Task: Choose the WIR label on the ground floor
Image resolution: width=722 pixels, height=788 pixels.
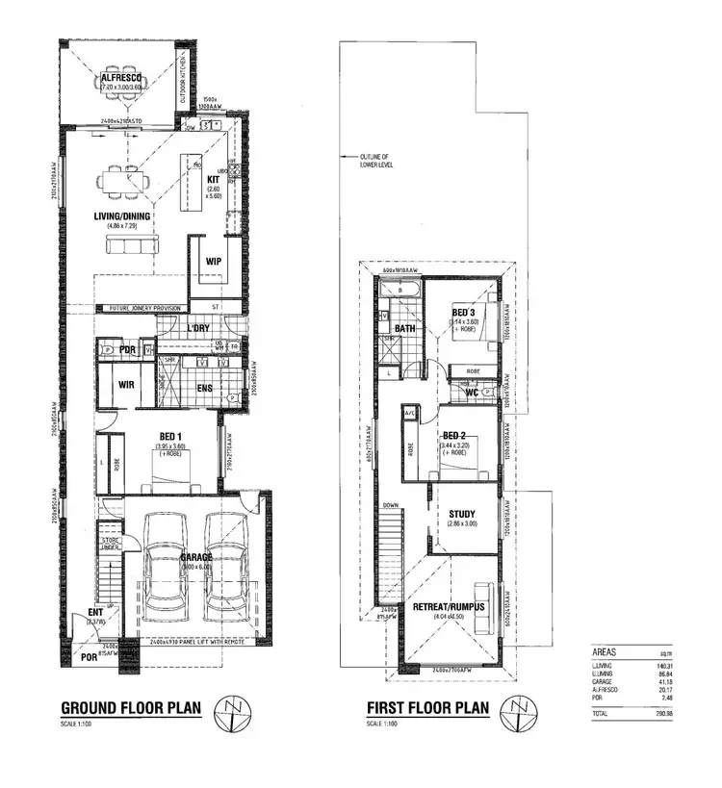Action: [125, 385]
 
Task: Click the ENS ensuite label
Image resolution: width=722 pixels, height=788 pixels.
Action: [203, 388]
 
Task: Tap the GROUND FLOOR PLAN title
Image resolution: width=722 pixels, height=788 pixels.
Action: [131, 709]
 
